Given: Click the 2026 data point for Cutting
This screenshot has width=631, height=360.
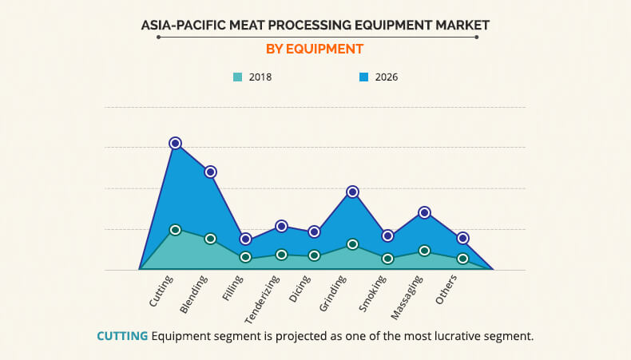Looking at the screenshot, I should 175,143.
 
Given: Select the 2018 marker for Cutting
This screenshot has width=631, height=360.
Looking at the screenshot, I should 175,230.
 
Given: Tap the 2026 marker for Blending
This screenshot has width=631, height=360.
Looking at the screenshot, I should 210,172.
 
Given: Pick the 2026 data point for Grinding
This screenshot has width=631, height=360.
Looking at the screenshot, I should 352,192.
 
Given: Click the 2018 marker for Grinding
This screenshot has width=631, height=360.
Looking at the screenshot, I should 352,244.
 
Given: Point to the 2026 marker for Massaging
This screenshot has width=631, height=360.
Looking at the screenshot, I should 424,212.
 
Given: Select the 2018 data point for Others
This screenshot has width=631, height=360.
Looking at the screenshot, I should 462,259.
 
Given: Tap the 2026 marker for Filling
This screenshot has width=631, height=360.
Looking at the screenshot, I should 246,239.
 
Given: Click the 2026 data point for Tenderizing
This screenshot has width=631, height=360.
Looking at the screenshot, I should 281,226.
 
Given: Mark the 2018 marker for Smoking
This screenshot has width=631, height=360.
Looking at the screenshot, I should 387,259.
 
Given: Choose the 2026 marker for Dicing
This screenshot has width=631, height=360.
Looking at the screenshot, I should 315,231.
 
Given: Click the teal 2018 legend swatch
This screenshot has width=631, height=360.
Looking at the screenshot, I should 237,77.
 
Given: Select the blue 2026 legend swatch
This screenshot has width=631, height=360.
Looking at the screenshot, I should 363,77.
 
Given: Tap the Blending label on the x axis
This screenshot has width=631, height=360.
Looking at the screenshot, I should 194,291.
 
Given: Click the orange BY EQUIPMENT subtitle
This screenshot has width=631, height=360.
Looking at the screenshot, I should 314,49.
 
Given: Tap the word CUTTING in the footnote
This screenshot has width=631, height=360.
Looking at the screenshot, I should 122,336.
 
